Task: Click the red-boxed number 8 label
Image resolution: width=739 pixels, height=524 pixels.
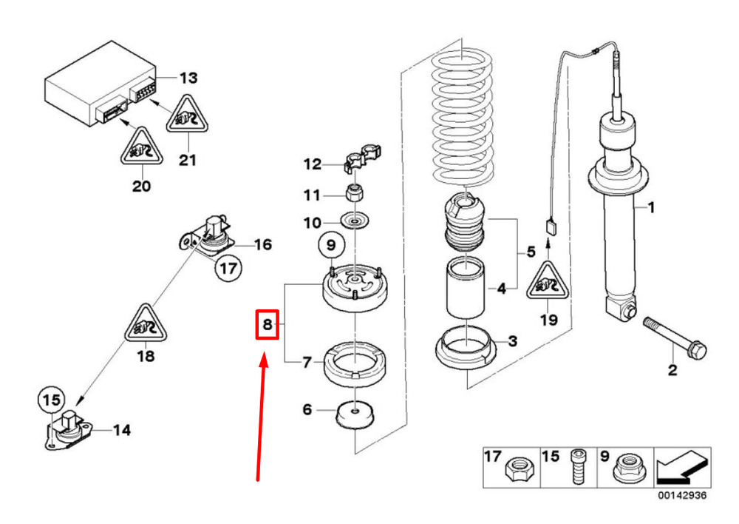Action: click(267, 323)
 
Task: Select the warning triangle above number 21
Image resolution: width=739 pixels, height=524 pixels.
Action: click(188, 117)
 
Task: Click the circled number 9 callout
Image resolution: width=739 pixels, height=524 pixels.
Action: click(331, 243)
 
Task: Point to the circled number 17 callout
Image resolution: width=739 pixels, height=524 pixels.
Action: click(229, 269)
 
